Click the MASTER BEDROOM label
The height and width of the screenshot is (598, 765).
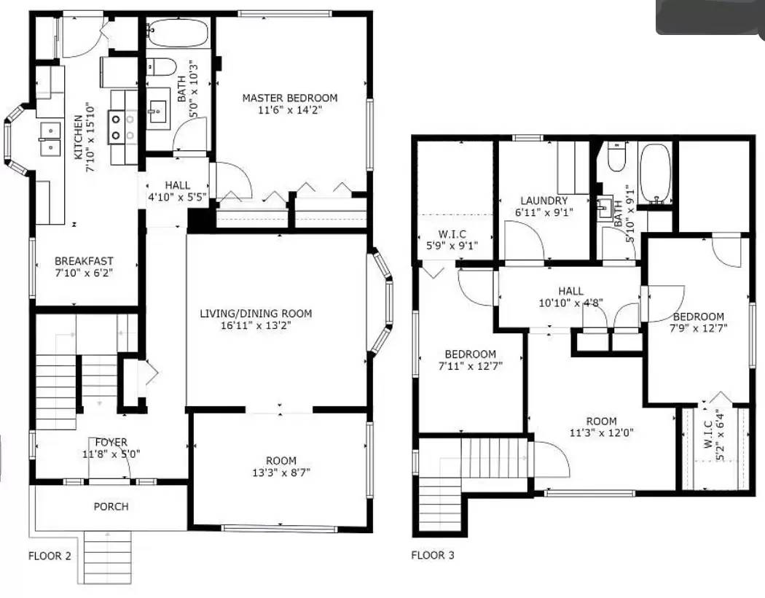pos(290,98)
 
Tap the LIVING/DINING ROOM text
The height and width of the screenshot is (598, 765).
pos(256,314)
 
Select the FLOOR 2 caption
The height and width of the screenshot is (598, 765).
pos(50,556)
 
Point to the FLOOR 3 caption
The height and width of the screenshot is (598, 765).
pos(433,556)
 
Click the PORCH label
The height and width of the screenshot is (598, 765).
pos(111,506)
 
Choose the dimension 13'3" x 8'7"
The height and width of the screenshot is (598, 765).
pos(280,473)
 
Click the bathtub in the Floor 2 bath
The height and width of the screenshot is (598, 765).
pos(177,34)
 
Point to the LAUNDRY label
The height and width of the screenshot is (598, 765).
pos(544,201)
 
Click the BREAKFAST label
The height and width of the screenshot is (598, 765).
pos(84,261)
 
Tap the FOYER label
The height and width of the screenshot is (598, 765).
pos(111,442)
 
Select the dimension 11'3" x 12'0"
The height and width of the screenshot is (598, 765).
pos(601,432)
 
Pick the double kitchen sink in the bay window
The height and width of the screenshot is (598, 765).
pos(50,139)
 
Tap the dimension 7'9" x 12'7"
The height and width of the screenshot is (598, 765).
pos(698,328)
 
